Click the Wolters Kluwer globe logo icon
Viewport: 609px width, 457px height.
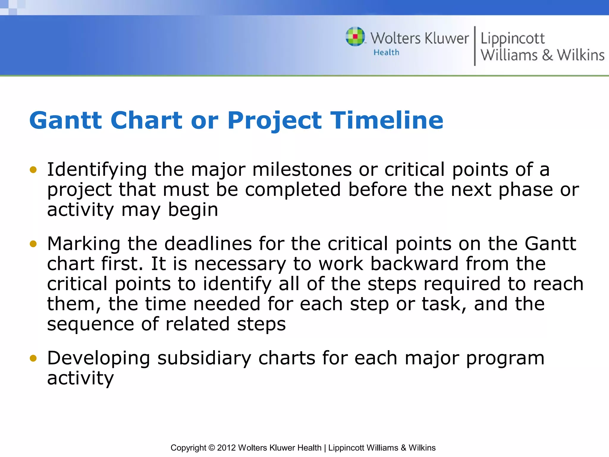pos(355,37)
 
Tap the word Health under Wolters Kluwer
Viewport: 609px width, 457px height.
pos(386,52)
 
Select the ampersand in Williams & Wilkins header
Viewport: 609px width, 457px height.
pos(547,55)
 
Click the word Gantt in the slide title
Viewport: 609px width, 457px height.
pos(65,120)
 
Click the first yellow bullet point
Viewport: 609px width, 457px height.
pos(33,170)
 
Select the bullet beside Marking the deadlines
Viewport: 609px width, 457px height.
pos(33,244)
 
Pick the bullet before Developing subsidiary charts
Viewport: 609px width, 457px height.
pos(33,358)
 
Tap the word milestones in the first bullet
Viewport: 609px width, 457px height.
pos(302,170)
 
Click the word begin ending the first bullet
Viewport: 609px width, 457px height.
pos(193,210)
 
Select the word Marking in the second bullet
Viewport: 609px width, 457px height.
pos(84,244)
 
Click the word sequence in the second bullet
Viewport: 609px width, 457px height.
pos(90,325)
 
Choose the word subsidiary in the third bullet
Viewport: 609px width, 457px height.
pos(204,358)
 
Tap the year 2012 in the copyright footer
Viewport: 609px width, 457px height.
pos(226,448)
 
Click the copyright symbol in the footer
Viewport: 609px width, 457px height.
pos(211,448)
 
